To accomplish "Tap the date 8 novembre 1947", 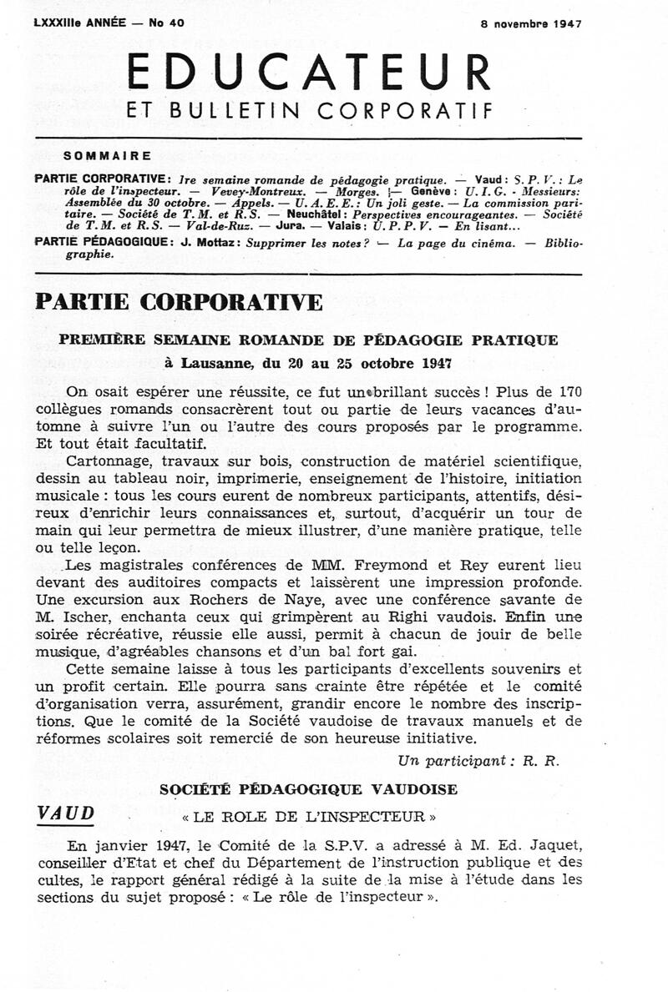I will coord(531,24).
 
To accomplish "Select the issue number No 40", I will coord(167,23).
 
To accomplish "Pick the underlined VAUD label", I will coord(66,814).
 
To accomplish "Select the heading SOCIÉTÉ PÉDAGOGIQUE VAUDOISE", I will coord(308,788).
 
